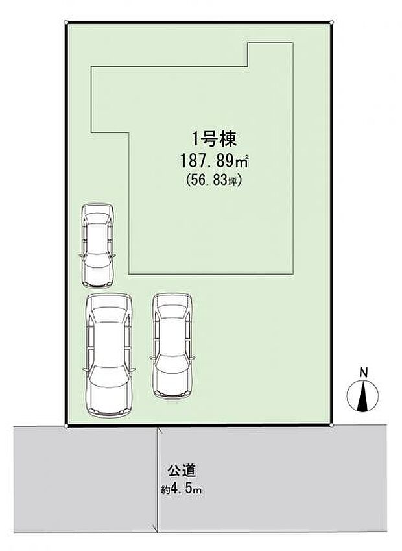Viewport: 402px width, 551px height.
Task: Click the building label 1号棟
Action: click(x=214, y=140)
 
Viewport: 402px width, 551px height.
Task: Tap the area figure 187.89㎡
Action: click(x=214, y=162)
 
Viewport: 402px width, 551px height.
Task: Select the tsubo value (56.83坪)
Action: click(x=214, y=180)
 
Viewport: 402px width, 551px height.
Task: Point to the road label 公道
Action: click(x=181, y=471)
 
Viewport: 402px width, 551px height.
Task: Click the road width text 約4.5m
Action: click(x=181, y=489)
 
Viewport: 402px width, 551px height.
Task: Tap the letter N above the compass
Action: click(x=364, y=373)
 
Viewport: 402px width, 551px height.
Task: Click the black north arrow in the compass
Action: click(x=362, y=397)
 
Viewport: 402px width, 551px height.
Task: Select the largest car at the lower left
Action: click(x=109, y=355)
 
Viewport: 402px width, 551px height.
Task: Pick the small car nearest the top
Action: click(x=98, y=245)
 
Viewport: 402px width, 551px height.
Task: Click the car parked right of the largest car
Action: click(x=172, y=346)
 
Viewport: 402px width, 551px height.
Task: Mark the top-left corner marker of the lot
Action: click(x=66, y=22)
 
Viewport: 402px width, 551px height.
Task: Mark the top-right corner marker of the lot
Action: click(x=332, y=22)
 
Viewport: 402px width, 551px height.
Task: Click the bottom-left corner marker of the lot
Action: click(x=66, y=426)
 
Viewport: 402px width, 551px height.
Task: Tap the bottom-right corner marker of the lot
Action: click(x=332, y=426)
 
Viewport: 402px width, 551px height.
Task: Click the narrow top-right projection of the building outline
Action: click(x=270, y=55)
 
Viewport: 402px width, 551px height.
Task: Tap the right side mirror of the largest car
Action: click(x=133, y=369)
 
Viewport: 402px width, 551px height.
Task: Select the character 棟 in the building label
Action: click(x=229, y=140)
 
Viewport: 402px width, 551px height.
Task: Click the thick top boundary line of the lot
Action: click(x=199, y=22)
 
